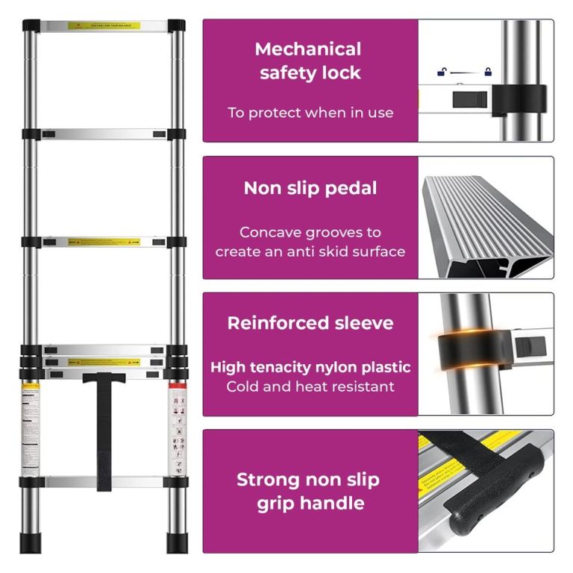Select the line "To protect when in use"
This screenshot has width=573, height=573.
pyautogui.click(x=310, y=113)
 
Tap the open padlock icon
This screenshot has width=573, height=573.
pyautogui.click(x=442, y=72)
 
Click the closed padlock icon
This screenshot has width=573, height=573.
pyautogui.click(x=489, y=72)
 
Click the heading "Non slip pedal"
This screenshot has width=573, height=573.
pyautogui.click(x=310, y=188)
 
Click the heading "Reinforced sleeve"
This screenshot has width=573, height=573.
pyautogui.click(x=310, y=323)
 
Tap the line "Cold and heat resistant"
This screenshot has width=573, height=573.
pyautogui.click(x=310, y=386)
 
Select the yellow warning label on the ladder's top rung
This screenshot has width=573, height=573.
pyautogui.click(x=104, y=26)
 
